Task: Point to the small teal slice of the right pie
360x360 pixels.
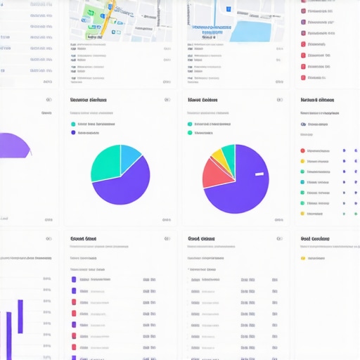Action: (x=230, y=151)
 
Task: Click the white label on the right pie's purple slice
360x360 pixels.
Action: (x=259, y=174)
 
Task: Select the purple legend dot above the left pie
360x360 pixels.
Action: (x=73, y=131)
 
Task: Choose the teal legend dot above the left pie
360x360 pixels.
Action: (x=73, y=124)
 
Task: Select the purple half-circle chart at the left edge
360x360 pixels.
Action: (x=14, y=146)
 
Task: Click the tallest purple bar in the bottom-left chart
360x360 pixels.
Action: (x=20, y=316)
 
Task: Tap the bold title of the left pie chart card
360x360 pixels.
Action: (x=89, y=100)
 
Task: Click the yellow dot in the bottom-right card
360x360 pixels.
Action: (x=303, y=257)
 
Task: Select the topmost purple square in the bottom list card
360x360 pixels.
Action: (x=74, y=279)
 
